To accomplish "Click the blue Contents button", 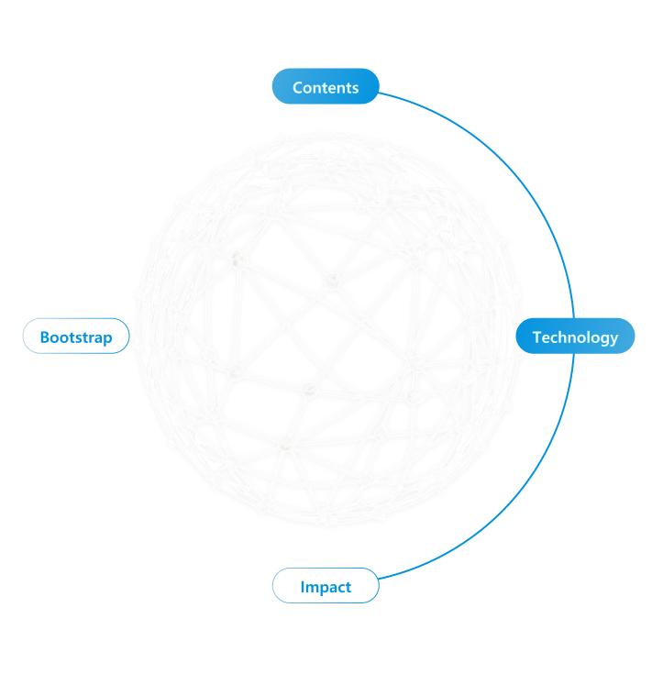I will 326,87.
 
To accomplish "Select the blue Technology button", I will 575,337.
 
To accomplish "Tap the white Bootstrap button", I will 76,337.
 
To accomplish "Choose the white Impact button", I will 326,586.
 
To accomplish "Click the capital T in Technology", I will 537,337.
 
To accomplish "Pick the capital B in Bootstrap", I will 45,337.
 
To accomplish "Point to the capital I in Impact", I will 303,587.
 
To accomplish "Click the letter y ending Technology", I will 613,339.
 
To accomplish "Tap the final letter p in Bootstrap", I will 107,339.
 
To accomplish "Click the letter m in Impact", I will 312,587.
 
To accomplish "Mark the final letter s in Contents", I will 354,88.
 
